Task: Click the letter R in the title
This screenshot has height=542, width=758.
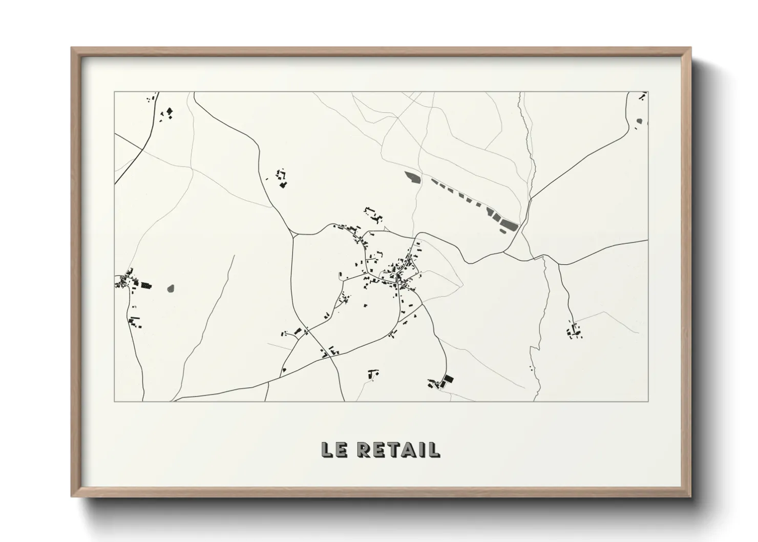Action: pyautogui.click(x=364, y=450)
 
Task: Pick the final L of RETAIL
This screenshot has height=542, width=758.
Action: pyautogui.click(x=433, y=450)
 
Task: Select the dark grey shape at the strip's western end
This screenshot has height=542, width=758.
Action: pyautogui.click(x=412, y=177)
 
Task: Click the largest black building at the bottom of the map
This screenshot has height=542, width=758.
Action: pyautogui.click(x=448, y=380)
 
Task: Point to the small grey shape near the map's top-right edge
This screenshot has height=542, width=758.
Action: pyautogui.click(x=639, y=121)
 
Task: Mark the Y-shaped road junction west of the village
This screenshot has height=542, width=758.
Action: pyautogui.click(x=294, y=235)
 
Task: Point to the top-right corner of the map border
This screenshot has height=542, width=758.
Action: pyautogui.click(x=648, y=92)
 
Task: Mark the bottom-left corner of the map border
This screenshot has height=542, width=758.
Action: pyautogui.click(x=115, y=401)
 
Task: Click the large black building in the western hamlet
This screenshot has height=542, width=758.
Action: pyautogui.click(x=146, y=285)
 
